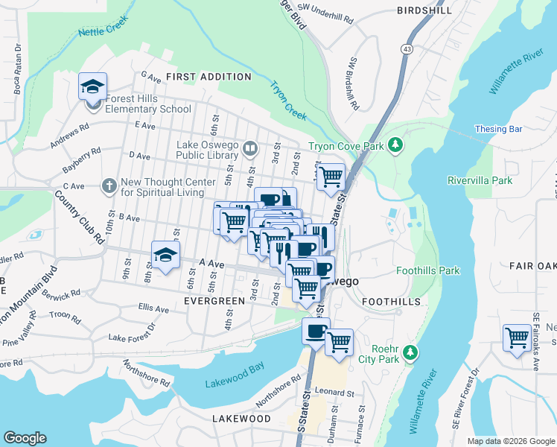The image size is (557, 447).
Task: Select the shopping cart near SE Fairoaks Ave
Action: (516, 337)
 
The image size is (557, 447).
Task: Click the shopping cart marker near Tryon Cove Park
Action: (331, 177)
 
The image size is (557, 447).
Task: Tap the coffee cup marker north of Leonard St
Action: (316, 331)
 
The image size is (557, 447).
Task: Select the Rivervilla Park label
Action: (480, 180)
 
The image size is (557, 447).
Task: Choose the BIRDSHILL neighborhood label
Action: (424, 10)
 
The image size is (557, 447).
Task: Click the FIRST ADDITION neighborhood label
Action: (209, 77)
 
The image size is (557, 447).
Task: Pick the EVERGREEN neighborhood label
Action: (214, 301)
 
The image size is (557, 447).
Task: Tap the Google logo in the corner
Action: (25, 438)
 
